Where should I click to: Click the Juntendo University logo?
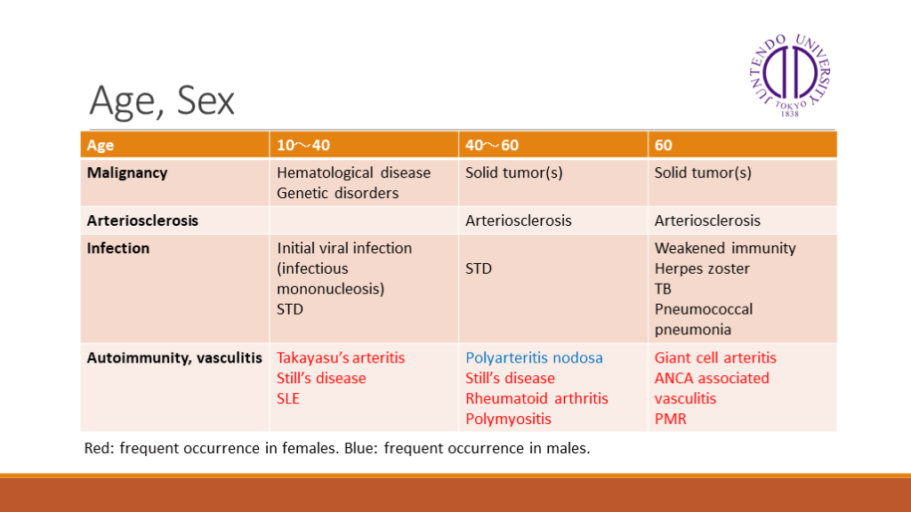790,75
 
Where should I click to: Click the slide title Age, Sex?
162,101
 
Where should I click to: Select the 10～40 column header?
303,145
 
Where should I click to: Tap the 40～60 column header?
491,145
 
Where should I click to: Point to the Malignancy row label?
127,173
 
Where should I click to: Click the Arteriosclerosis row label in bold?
142,220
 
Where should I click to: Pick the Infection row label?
118,249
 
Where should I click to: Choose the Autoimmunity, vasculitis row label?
174,357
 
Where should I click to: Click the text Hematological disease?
353,173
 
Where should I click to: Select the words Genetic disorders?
337,193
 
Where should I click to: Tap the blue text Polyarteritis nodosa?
534,357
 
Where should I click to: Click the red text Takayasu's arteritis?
341,357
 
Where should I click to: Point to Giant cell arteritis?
715,357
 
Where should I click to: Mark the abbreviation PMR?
671,420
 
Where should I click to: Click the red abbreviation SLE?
288,399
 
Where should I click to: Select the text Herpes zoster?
702,268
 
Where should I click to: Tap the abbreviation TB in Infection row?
663,289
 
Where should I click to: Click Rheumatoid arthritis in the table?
536,399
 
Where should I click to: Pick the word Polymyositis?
508,420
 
